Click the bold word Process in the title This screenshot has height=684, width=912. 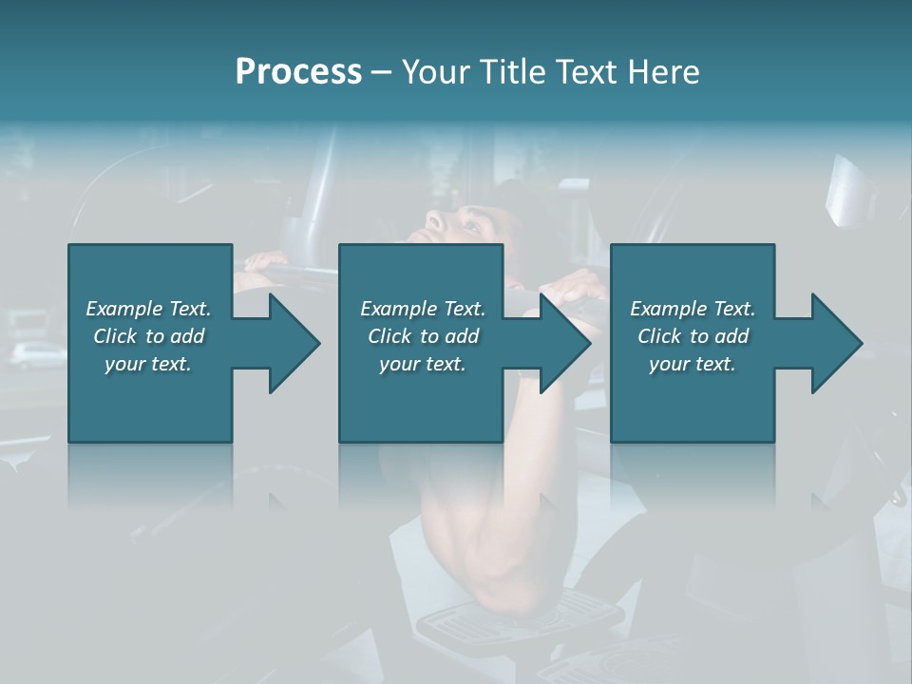[x=298, y=72]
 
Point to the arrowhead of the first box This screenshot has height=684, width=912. [x=294, y=343]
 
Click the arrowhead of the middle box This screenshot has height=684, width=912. [x=565, y=343]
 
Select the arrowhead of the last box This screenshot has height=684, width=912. [x=837, y=343]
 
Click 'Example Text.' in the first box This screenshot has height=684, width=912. [x=148, y=309]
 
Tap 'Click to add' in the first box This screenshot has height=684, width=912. [x=148, y=336]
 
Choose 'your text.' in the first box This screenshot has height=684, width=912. [x=148, y=364]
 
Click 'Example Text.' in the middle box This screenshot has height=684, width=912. [x=423, y=309]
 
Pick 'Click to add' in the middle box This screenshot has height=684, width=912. [x=423, y=336]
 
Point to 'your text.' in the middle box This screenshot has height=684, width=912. [x=423, y=364]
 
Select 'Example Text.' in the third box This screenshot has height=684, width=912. [x=693, y=309]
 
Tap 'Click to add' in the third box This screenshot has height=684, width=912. [x=693, y=336]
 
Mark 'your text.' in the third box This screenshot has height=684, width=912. [x=693, y=364]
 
